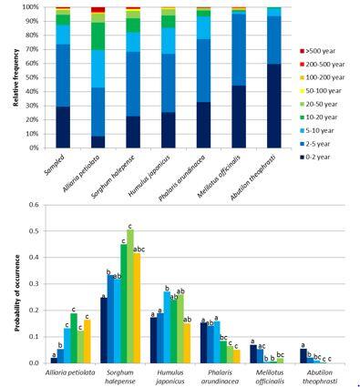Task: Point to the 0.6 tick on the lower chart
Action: pos(40,206)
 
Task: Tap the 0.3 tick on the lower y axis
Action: pos(40,284)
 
